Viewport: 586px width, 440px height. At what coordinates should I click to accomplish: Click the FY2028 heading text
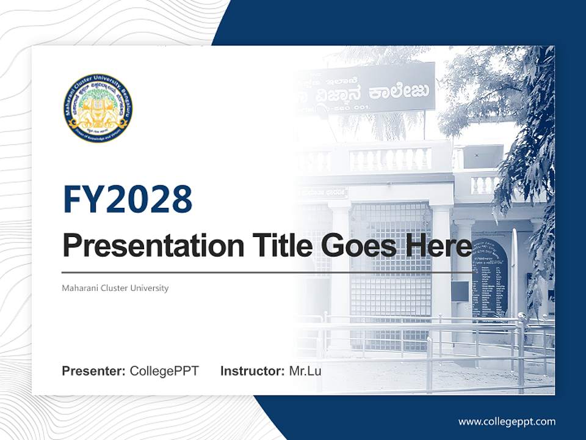[128, 199]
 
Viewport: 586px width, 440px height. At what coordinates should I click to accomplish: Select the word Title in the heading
[280, 246]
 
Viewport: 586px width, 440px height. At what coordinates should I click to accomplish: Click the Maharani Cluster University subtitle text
[115, 288]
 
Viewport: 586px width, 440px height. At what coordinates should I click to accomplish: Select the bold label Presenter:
[94, 371]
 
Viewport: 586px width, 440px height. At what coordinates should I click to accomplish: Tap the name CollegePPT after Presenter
[164, 371]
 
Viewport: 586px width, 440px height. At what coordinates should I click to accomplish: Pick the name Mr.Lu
[305, 371]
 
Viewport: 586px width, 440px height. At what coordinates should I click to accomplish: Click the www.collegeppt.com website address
[507, 422]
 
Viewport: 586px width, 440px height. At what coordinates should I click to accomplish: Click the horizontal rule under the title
[267, 273]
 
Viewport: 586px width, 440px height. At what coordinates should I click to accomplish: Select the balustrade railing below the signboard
[391, 159]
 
